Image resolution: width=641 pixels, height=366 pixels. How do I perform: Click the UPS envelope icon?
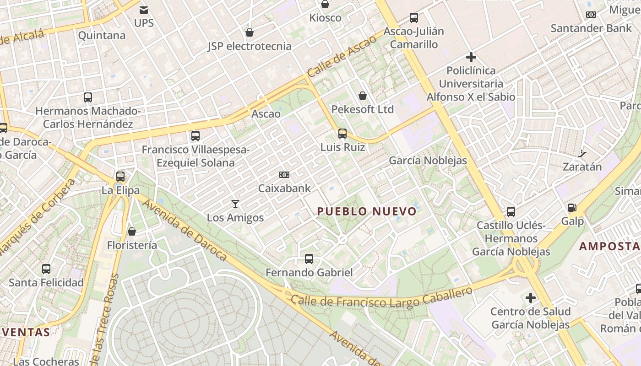[x=144, y=10]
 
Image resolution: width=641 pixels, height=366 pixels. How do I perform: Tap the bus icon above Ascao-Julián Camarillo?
[x=414, y=18]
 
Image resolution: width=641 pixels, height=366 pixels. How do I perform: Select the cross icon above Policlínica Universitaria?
[x=471, y=57]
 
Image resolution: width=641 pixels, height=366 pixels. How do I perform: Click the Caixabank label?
[x=284, y=188]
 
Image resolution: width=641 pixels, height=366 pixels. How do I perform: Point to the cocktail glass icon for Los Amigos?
[x=235, y=204]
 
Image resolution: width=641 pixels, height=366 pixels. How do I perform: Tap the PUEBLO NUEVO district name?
[x=367, y=211]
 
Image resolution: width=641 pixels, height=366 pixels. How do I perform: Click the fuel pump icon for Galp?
[x=572, y=208]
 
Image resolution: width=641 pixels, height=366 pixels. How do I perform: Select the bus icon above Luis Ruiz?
[x=342, y=134]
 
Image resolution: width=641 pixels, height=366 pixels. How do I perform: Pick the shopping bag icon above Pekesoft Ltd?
[x=363, y=96]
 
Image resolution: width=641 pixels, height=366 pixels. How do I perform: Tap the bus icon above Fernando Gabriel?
[x=309, y=259]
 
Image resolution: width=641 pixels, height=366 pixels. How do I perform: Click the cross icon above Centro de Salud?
[x=531, y=298]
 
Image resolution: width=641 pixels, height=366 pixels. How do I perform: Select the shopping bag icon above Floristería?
[x=132, y=231]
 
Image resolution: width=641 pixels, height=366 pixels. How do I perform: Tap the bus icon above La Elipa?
[x=120, y=177]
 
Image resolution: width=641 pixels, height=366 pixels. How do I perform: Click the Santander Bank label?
[x=591, y=28]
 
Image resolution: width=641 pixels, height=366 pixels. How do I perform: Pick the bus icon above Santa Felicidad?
[x=46, y=269]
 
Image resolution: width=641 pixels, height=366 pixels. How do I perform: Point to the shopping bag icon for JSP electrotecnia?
[x=250, y=33]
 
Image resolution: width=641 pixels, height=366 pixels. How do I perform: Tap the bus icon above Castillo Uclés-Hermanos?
[x=511, y=212]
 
